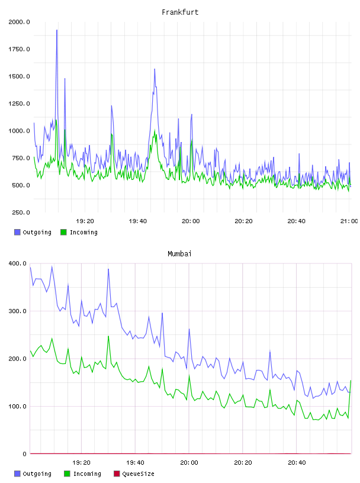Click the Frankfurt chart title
point(180,12)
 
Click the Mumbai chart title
point(179,254)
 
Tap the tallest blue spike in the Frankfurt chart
point(57,31)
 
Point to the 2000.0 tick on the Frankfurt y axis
point(19,22)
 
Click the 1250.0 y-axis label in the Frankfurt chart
point(19,104)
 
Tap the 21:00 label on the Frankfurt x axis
point(349,221)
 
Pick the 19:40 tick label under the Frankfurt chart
point(138,221)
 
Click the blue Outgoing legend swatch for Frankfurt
point(17,232)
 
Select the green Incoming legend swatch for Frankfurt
point(63,232)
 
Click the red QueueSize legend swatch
point(117,474)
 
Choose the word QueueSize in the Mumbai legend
point(138,474)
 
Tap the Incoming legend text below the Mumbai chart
point(87,474)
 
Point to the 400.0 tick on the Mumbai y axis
point(18,263)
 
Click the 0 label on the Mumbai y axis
point(25,454)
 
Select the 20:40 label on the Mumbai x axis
point(297,463)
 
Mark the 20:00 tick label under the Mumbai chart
point(189,463)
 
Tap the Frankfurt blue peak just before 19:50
point(155,69)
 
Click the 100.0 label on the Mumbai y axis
point(18,406)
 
